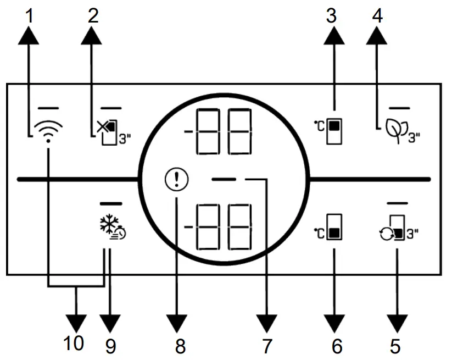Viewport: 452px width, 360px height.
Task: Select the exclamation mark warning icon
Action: [x=176, y=180]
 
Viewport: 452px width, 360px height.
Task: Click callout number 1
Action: [x=30, y=15]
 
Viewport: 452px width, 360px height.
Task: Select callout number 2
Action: [x=92, y=15]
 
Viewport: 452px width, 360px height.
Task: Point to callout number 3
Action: [x=331, y=15]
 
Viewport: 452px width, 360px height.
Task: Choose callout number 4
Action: [x=376, y=15]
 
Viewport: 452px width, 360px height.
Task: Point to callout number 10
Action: [x=74, y=344]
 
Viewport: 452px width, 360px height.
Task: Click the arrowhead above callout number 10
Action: [x=76, y=320]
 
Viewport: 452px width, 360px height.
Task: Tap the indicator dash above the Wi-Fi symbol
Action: [x=48, y=106]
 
